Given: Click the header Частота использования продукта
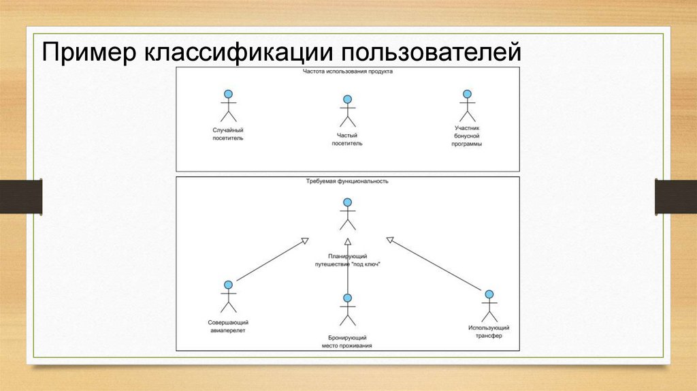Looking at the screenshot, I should click(347, 71).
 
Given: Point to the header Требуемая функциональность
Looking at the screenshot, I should click(347, 181).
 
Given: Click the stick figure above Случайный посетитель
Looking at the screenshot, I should click(228, 107).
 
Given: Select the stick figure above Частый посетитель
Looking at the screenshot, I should click(347, 112).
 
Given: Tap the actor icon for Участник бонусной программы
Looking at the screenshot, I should click(466, 107).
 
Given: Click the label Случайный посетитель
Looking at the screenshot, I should click(228, 134).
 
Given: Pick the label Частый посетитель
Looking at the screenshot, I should click(347, 139).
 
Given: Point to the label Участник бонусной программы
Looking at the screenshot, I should click(466, 136).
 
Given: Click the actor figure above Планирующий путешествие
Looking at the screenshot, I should click(347, 215).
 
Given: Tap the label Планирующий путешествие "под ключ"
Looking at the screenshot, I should click(347, 260).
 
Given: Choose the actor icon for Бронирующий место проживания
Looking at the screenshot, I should click(347, 311).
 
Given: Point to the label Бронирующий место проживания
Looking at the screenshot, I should click(347, 341).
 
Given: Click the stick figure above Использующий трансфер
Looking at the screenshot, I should click(488, 307).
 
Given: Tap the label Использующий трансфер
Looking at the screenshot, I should click(488, 332).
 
